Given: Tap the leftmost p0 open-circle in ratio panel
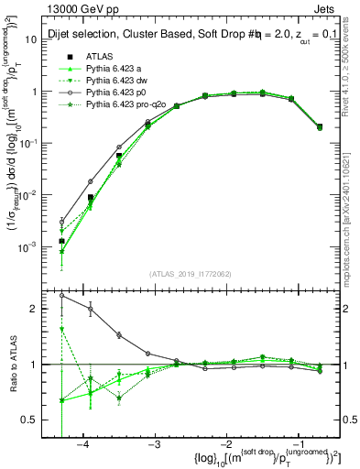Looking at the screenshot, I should point(61,296).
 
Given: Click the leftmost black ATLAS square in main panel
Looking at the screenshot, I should point(61,241).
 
